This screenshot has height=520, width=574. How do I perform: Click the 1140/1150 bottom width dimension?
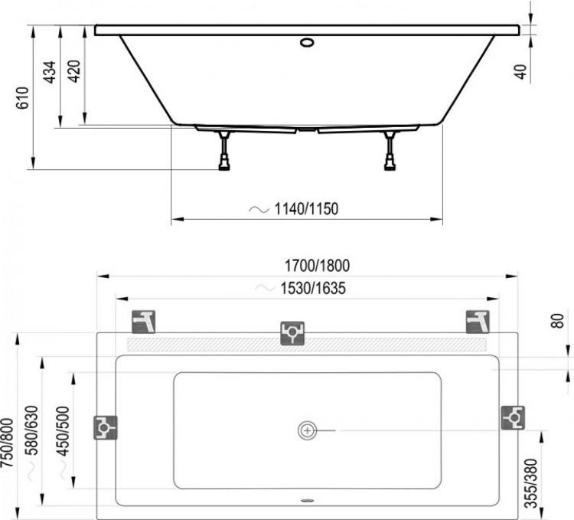coord(305,208)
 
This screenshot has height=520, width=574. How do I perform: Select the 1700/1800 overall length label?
coord(317,266)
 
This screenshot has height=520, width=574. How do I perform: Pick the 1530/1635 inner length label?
coord(311,289)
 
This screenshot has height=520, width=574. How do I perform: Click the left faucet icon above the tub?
coord(144,322)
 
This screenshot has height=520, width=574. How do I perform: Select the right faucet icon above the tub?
coord(477,322)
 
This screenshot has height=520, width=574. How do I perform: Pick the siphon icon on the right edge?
coord(512,417)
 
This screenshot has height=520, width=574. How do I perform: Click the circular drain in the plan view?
coord(308,431)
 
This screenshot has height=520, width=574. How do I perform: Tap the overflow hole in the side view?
coord(308,42)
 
